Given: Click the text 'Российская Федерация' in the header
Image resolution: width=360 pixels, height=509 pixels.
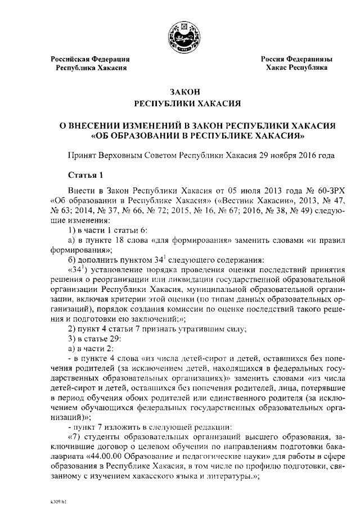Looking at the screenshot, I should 91,59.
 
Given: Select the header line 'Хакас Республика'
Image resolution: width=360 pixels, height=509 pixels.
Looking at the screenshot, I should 296,67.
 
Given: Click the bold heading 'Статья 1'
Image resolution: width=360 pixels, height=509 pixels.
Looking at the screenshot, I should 85,173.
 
